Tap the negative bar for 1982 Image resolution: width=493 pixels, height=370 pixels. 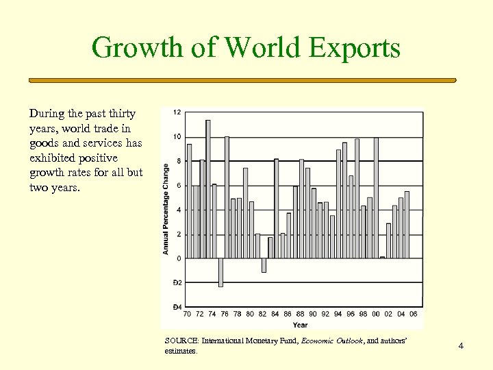(x=264, y=265)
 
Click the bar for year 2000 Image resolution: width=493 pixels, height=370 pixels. (x=376, y=198)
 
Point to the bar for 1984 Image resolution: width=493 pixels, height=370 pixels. (x=276, y=208)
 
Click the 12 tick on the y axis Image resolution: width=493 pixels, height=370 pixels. (x=177, y=112)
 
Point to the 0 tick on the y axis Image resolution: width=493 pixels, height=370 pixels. (x=179, y=258)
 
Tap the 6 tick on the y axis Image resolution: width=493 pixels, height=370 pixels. (x=179, y=186)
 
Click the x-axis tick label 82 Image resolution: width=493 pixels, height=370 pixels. (x=263, y=314)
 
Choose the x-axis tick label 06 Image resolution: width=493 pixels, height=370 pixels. (x=413, y=314)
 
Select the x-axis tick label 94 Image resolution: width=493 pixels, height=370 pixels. (x=338, y=314)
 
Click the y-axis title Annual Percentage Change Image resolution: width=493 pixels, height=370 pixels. (x=166, y=209)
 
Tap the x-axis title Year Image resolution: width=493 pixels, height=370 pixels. (x=300, y=325)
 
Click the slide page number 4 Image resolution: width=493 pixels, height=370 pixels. (x=461, y=346)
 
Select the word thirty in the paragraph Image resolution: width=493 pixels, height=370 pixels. (x=121, y=114)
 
